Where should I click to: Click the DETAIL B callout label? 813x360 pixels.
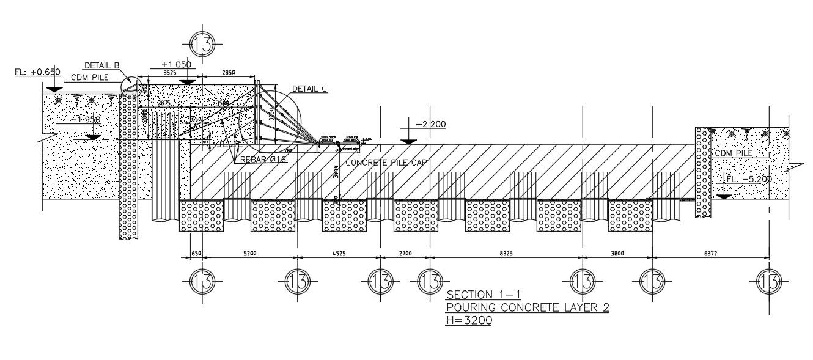[101, 65]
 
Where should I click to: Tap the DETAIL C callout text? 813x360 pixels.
[309, 89]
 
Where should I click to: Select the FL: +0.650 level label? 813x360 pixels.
[37, 72]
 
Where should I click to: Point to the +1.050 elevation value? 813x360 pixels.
[176, 65]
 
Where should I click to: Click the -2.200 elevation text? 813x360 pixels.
[430, 125]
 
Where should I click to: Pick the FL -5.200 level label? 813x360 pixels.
[749, 179]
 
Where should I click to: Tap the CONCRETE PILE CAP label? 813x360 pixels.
[386, 163]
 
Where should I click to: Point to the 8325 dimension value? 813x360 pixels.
[506, 252]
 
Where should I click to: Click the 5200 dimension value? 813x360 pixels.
[249, 252]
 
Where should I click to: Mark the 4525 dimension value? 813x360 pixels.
[339, 252]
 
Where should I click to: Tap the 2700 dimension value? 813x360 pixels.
[405, 252]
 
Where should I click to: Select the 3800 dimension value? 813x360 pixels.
[616, 252]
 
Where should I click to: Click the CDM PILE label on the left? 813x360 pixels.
[90, 77]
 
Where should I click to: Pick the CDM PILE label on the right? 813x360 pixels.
[733, 153]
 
